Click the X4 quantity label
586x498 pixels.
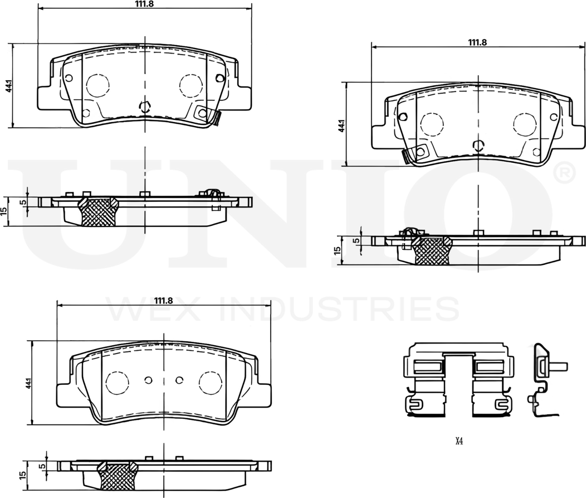[x=459, y=441]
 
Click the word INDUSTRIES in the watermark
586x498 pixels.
[x=340, y=309]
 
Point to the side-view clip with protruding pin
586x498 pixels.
[x=543, y=379]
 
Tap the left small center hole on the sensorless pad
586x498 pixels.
[x=148, y=380]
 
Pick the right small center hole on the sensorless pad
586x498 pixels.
[x=179, y=380]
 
